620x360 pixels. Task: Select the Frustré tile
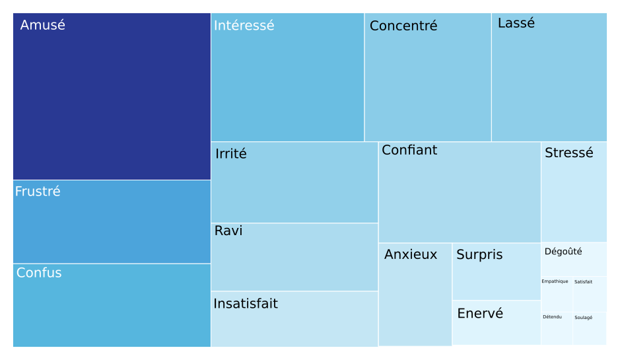click(x=112, y=222)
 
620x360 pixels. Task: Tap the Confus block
click(x=112, y=306)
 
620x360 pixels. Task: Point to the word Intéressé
click(x=244, y=26)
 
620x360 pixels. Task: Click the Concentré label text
click(x=403, y=26)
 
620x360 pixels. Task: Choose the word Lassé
click(x=516, y=23)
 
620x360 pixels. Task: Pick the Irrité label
click(x=231, y=154)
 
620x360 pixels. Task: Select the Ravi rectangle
click(x=294, y=258)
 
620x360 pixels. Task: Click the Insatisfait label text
click(x=246, y=304)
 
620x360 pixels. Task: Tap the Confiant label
click(x=409, y=150)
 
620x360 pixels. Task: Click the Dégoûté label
click(x=563, y=252)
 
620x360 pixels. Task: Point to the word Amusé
click(x=43, y=25)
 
